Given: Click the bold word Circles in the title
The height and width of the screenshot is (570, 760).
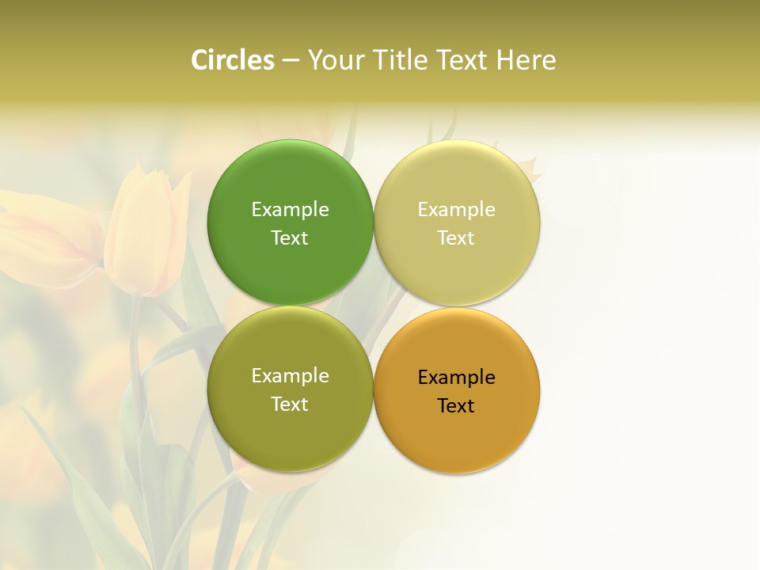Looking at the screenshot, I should click(x=233, y=60).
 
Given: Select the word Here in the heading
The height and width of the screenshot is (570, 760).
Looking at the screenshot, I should click(x=526, y=60).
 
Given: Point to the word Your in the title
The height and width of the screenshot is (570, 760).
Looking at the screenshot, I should click(x=336, y=60).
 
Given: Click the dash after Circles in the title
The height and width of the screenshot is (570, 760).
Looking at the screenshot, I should click(x=291, y=61).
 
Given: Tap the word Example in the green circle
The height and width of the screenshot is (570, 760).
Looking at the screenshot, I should click(x=290, y=210).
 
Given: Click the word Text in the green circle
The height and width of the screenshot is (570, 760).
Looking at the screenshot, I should click(x=290, y=238).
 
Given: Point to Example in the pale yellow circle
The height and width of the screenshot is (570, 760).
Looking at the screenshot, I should click(x=456, y=210).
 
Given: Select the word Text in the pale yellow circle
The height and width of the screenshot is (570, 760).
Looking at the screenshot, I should click(x=456, y=238).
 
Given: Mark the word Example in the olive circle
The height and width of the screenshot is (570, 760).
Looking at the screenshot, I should click(x=290, y=376).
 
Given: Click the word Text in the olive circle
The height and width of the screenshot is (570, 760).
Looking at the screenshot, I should click(x=290, y=405).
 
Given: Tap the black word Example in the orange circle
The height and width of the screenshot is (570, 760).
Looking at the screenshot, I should click(x=456, y=378).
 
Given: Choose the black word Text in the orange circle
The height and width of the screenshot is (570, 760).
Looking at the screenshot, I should click(x=456, y=406).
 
